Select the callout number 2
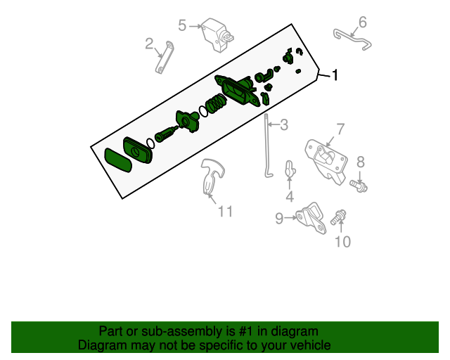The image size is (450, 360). [x=149, y=44]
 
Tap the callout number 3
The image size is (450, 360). [x=283, y=126]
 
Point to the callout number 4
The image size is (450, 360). [x=290, y=196]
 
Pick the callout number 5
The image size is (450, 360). [x=182, y=26]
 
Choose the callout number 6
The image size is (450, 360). [x=362, y=22]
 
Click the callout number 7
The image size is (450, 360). [x=340, y=129]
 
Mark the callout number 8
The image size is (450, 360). [x=361, y=162]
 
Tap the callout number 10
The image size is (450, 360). [x=342, y=243]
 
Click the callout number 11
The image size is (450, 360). [x=224, y=211]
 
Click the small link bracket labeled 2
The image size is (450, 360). [x=165, y=58]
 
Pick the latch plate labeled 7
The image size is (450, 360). [x=326, y=157]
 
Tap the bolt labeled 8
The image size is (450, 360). [x=360, y=186]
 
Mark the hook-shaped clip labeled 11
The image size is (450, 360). [x=212, y=176]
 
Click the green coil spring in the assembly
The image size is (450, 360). [x=216, y=106]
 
